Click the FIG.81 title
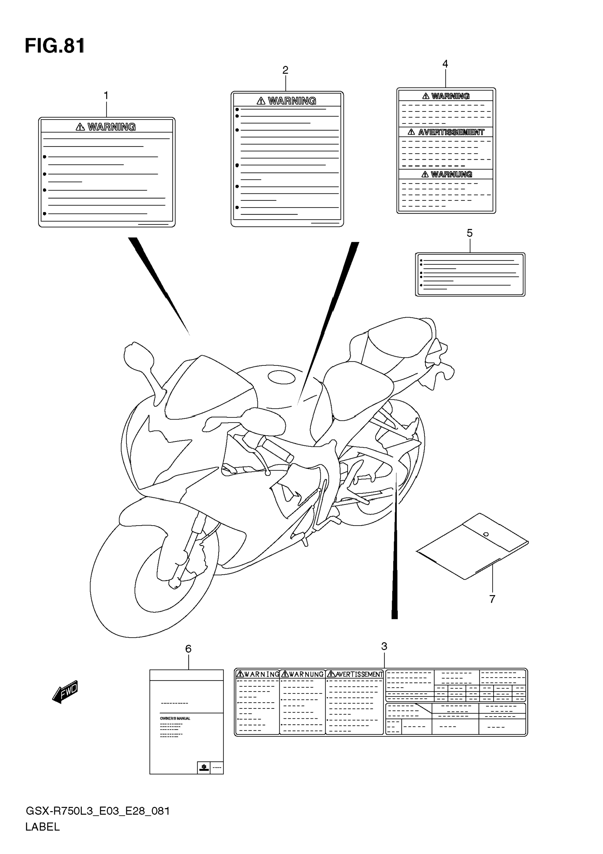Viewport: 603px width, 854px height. pyautogui.click(x=55, y=46)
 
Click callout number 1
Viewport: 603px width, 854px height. pyautogui.click(x=106, y=96)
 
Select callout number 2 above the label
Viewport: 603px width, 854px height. pyautogui.click(x=285, y=70)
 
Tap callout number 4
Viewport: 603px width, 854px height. pyautogui.click(x=445, y=64)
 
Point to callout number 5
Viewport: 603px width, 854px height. pyautogui.click(x=470, y=233)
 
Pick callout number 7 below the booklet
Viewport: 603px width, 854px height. pyautogui.click(x=492, y=599)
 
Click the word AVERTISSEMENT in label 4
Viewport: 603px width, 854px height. pyautogui.click(x=451, y=132)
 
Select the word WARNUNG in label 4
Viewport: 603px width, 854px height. pyautogui.click(x=451, y=174)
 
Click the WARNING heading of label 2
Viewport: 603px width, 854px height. pyautogui.click(x=292, y=101)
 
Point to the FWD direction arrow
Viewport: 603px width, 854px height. pyautogui.click(x=66, y=692)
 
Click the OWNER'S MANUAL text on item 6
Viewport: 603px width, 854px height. pyautogui.click(x=175, y=718)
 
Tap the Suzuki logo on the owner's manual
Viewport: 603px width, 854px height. pyautogui.click(x=203, y=767)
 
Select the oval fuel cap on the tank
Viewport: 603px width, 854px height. pyautogui.click(x=281, y=377)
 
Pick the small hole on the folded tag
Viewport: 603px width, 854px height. pyautogui.click(x=486, y=534)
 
